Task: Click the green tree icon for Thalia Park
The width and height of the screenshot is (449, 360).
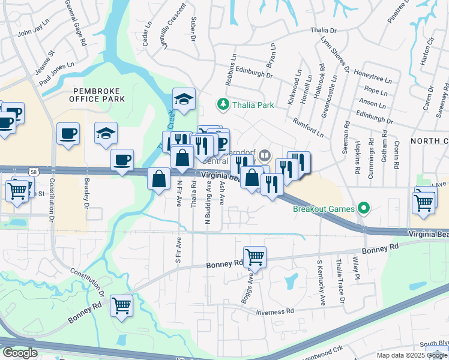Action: click(x=223, y=105)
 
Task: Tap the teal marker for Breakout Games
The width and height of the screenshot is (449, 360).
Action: click(x=363, y=209)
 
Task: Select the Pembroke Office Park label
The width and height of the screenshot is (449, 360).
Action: click(x=98, y=94)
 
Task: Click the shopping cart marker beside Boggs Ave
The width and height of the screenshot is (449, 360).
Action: click(x=255, y=257)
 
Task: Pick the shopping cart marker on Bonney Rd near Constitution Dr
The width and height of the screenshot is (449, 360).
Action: click(x=122, y=305)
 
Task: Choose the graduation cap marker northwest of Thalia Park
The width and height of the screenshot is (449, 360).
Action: click(x=184, y=99)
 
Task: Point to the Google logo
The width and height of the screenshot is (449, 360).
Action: click(x=20, y=353)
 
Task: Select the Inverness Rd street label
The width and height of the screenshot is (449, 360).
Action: click(x=275, y=311)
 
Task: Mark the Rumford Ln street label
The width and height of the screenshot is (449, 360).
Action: click(x=308, y=127)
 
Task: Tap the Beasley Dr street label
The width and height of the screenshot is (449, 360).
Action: click(x=86, y=196)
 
